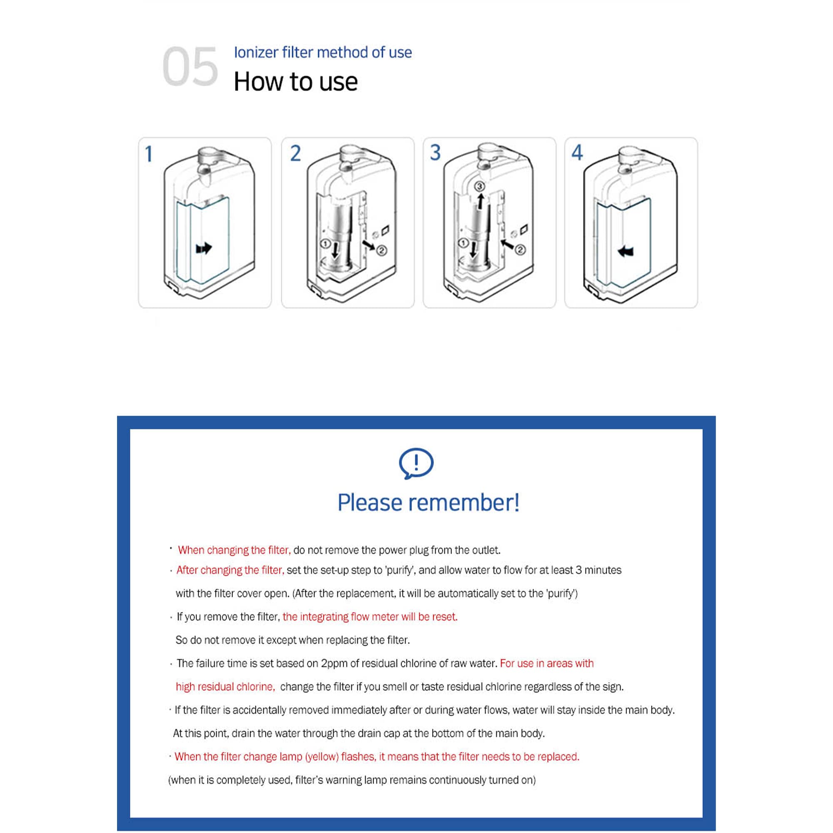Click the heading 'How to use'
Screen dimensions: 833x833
[295, 82]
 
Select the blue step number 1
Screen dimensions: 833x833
[149, 154]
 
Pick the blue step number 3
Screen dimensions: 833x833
[436, 152]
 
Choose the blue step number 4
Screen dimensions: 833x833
[577, 152]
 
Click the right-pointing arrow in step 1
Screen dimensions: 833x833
[204, 248]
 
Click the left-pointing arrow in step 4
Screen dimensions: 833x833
[626, 251]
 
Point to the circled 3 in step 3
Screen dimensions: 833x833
[480, 186]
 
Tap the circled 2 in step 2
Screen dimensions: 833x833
[382, 250]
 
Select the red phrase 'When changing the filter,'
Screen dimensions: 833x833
[234, 550]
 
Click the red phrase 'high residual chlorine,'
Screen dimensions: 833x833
[225, 686]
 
